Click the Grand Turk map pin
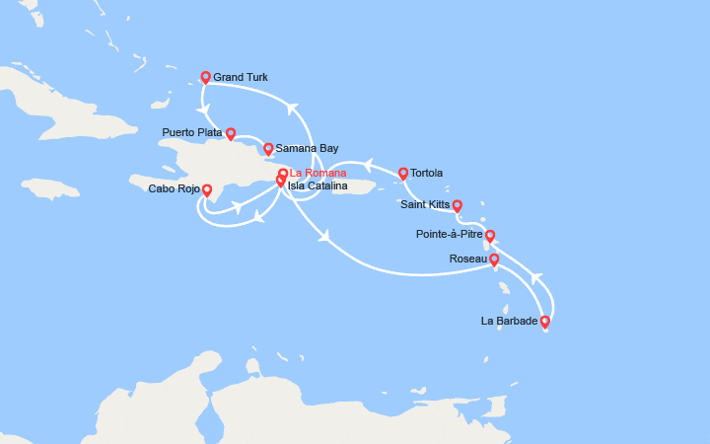click(x=206, y=77)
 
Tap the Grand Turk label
click(x=241, y=77)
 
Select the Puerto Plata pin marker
click(x=231, y=133)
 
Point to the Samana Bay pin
click(x=267, y=149)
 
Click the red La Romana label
click(x=318, y=174)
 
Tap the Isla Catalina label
click(x=318, y=185)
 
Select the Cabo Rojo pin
click(x=206, y=188)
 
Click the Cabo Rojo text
click(x=175, y=188)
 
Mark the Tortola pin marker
click(x=403, y=173)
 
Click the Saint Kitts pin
click(x=458, y=205)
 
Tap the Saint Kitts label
click(x=426, y=205)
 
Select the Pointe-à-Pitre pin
click(x=490, y=236)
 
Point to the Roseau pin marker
click(x=494, y=259)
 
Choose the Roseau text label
click(x=468, y=259)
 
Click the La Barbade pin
click(x=545, y=321)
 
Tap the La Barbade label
click(x=510, y=321)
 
